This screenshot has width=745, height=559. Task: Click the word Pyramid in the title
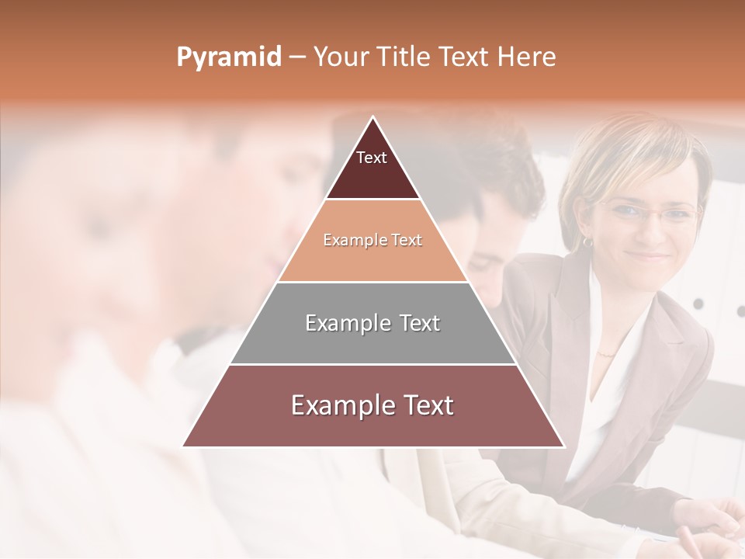[229, 57]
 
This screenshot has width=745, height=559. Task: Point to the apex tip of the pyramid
[373, 119]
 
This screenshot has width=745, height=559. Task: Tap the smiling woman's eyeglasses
[648, 212]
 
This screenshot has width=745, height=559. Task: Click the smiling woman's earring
[587, 241]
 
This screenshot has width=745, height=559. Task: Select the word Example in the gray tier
[339, 323]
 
